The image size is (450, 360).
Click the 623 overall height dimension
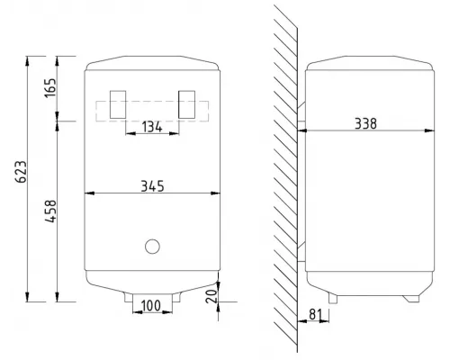(21, 172)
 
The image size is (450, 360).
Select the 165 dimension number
(50, 87)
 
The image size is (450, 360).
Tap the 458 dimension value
(50, 211)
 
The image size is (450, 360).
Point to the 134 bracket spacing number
(152, 127)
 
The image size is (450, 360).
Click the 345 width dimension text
(152, 186)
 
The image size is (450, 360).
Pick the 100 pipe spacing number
(151, 306)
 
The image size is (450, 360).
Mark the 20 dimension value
(211, 295)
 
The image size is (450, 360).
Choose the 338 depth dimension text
(365, 123)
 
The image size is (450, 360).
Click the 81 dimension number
(315, 314)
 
